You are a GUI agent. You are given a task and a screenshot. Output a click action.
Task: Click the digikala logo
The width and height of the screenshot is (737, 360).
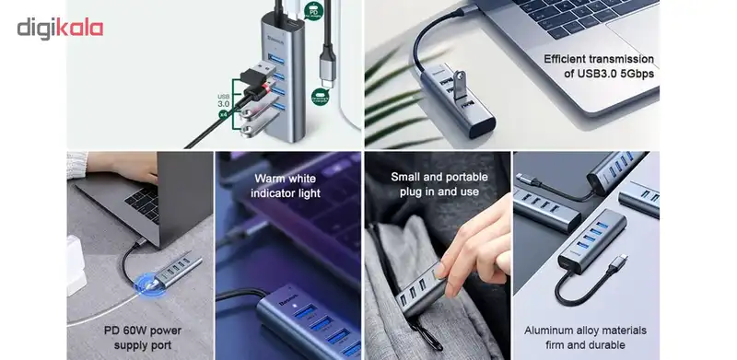pos(60,28)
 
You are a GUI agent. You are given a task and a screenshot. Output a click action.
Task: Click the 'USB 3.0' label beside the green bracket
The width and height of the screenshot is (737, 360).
pos(223,100)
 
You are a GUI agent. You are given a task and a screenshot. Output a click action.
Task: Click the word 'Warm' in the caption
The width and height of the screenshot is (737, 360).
pos(271,179)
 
